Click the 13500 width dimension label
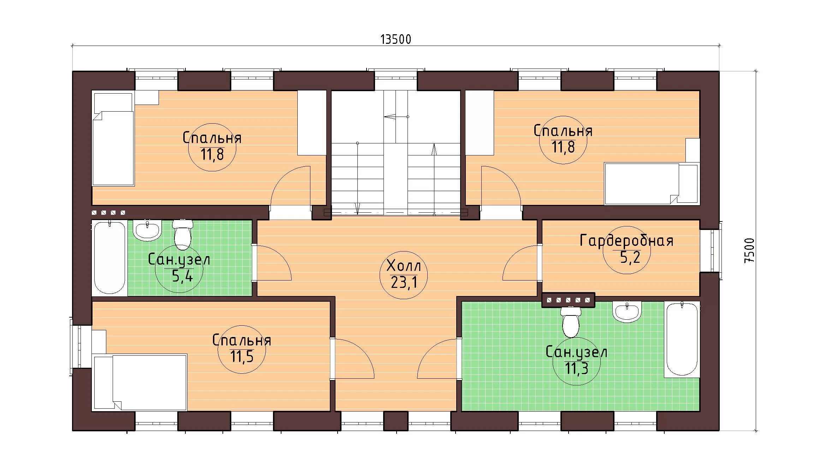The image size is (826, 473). click(396, 39)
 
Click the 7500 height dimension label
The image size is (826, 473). click(749, 250)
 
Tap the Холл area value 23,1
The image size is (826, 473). click(404, 282)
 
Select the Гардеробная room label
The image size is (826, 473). click(626, 241)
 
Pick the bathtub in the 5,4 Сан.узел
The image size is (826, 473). click(109, 257)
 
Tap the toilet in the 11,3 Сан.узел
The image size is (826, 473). click(570, 321)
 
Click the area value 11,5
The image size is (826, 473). click(242, 356)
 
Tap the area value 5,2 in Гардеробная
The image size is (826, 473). click(630, 258)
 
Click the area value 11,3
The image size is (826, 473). click(576, 368)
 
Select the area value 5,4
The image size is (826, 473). click(182, 276)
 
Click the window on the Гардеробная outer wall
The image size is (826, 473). click(710, 250)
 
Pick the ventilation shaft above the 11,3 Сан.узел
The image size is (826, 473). click(568, 300)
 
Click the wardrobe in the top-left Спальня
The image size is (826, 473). click(311, 123)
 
